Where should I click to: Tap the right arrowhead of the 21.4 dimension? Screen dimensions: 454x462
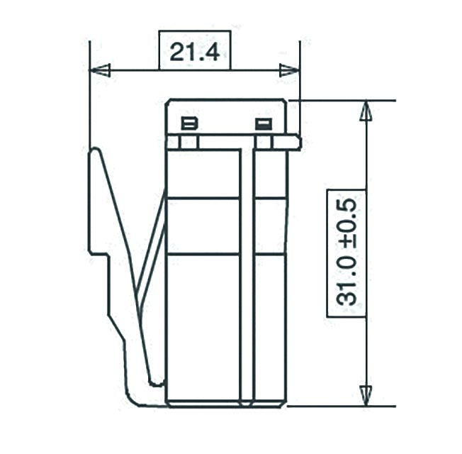tap(289, 70)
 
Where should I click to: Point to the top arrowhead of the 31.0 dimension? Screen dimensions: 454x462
tap(366, 111)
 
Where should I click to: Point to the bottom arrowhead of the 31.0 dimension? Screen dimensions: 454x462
tap(366, 394)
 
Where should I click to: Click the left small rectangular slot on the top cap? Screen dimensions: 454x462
tap(189, 124)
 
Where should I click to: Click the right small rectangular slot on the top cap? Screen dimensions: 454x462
tap(264, 124)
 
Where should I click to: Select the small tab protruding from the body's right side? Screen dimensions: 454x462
tap(295, 143)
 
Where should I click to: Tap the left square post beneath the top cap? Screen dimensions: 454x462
tap(188, 143)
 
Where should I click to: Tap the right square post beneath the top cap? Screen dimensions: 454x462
tap(264, 143)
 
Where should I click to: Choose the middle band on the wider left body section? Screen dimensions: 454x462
tap(203, 226)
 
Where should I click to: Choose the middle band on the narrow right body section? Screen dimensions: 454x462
tap(270, 226)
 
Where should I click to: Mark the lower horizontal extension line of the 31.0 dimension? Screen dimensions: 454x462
tap(340, 406)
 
